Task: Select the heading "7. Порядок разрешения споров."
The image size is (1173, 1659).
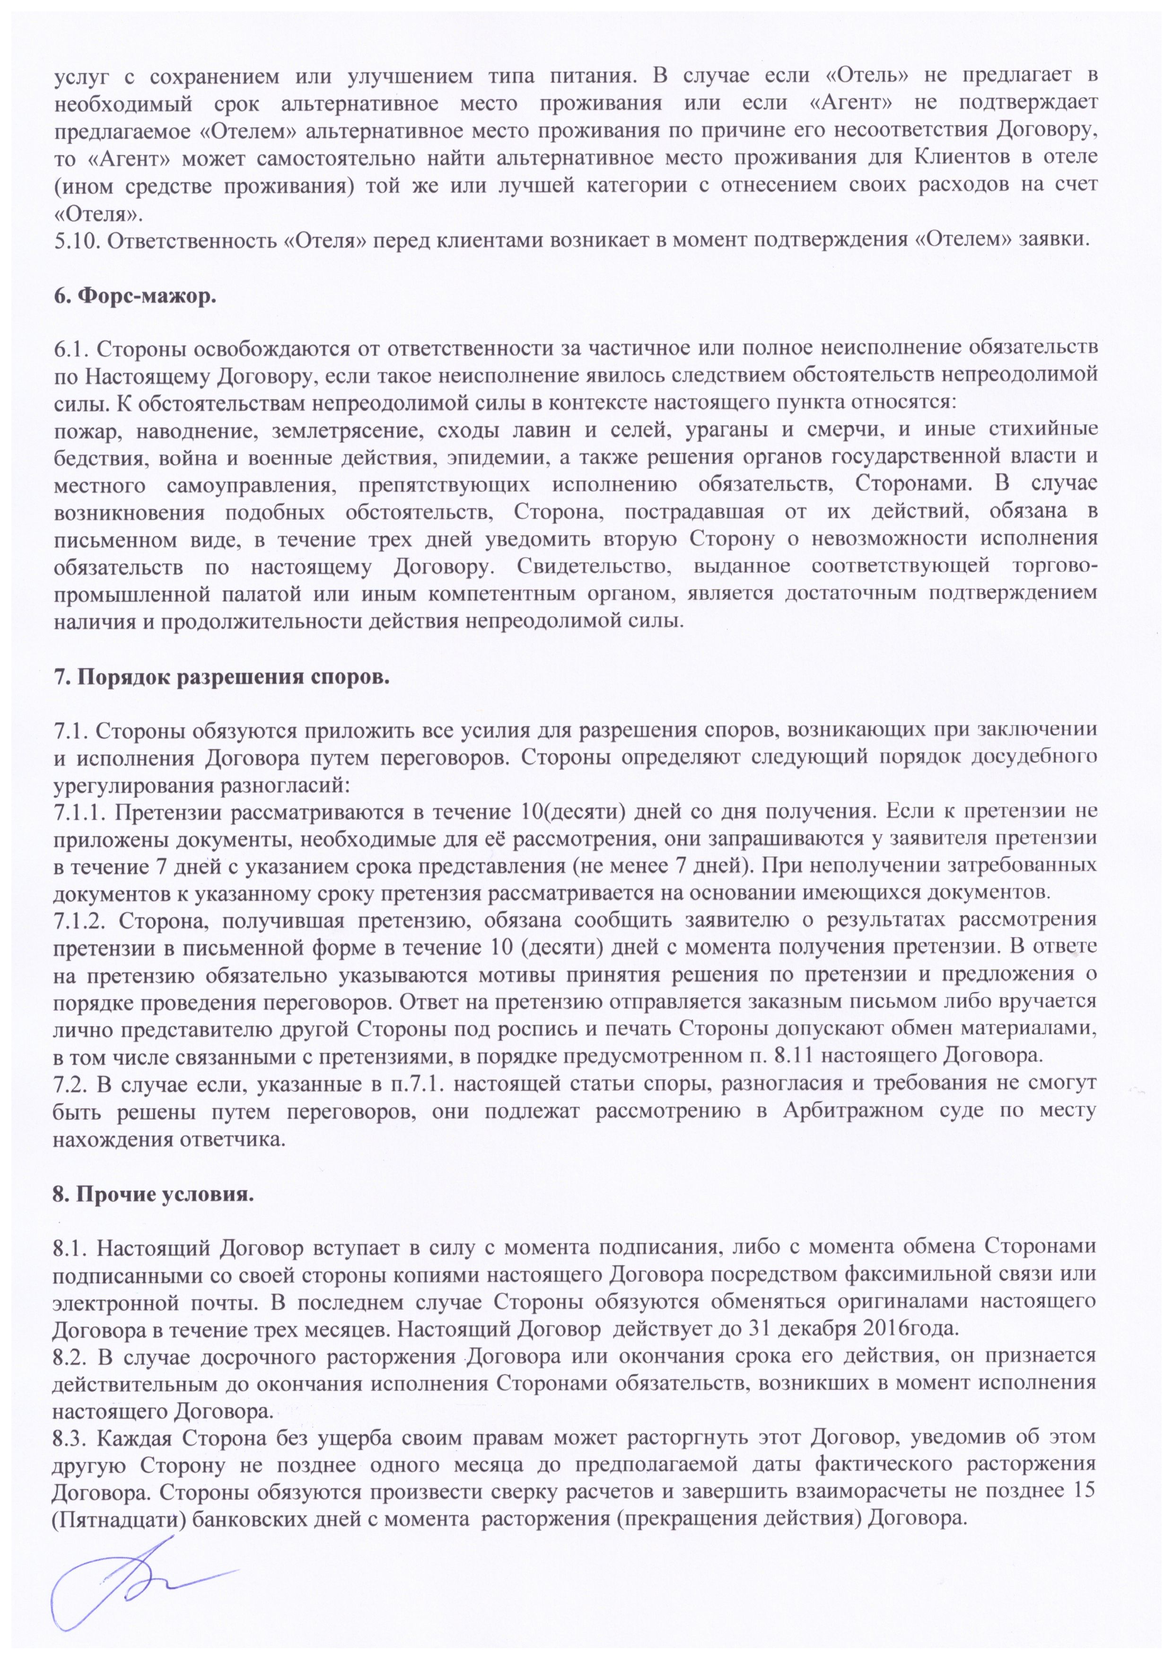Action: [x=222, y=679]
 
